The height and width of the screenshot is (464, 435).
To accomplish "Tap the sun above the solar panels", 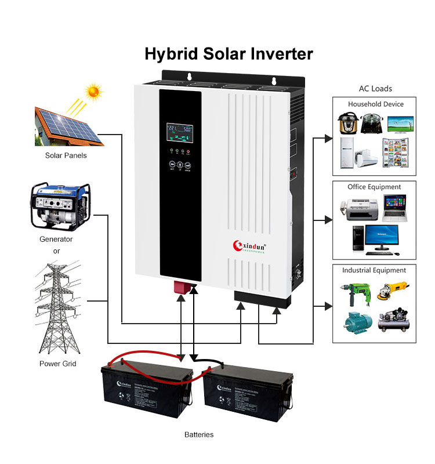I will pos(92,92).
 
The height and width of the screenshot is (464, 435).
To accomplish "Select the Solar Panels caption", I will pos(66,155).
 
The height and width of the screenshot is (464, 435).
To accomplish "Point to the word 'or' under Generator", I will pos(56,251).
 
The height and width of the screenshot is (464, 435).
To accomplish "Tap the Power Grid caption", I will pos(57,364).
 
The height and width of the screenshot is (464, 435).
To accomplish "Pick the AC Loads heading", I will pos(375,89).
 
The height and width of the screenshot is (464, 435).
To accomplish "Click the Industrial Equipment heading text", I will pos(374,270).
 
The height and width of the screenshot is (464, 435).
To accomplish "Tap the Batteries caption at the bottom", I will pos(199,434).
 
